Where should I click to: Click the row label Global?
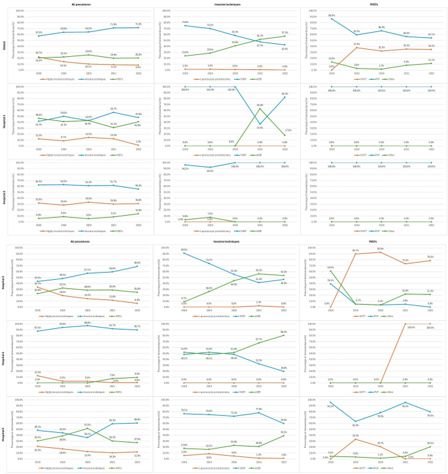click(x=4, y=38)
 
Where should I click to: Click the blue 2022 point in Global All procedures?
click(x=138, y=27)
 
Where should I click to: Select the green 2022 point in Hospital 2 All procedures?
click(x=138, y=214)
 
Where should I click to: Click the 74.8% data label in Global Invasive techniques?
click(x=185, y=22)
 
